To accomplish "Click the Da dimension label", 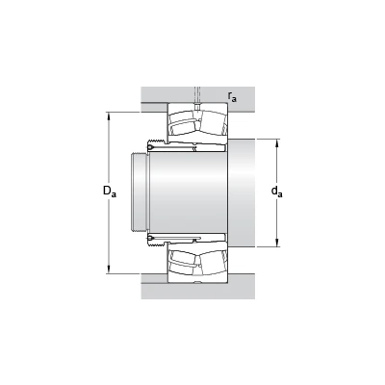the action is (x=110, y=192).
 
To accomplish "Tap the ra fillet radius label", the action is (x=232, y=96).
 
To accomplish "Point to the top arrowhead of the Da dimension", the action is (x=109, y=115).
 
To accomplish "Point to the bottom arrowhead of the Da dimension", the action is (x=109, y=269).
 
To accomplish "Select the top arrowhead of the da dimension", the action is (x=277, y=142).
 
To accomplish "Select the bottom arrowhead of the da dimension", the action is (x=277, y=244).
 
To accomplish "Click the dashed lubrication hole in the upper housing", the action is (x=197, y=95).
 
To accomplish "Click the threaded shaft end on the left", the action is (x=140, y=192).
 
